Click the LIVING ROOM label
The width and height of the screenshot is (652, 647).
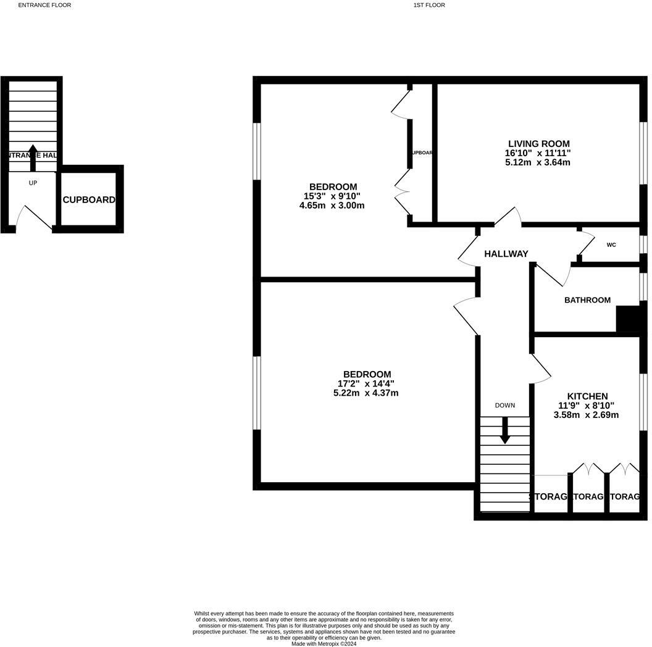click(537, 144)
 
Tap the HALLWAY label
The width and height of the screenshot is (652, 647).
click(506, 254)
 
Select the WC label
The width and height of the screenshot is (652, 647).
click(611, 245)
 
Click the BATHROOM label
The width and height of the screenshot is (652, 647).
click(587, 300)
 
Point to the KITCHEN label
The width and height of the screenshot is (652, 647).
click(587, 396)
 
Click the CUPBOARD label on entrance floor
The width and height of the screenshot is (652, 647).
click(89, 200)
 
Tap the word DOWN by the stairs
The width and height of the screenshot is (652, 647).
click(504, 406)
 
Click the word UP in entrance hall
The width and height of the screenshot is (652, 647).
click(33, 183)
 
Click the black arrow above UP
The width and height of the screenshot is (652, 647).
click(33, 157)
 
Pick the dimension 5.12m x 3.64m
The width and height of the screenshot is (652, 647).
click(537, 162)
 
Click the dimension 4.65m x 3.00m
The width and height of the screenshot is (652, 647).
click(332, 205)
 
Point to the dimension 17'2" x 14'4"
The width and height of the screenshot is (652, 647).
click(366, 383)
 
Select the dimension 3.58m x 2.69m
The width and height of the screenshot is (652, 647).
click(586, 415)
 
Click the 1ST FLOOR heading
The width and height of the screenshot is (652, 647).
click(429, 5)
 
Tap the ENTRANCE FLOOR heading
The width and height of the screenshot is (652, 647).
click(44, 5)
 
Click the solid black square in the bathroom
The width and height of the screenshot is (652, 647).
click(627, 319)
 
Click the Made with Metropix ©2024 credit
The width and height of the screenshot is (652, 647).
click(324, 643)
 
